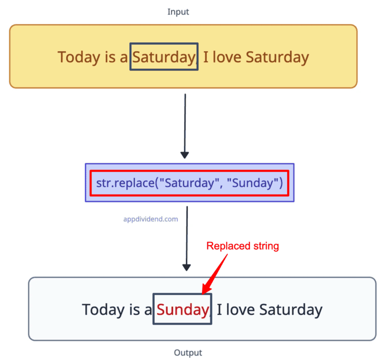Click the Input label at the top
tap(179, 11)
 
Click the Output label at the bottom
tap(188, 353)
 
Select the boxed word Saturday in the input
tap(163, 57)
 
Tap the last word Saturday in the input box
tap(278, 57)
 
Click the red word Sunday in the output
tap(182, 310)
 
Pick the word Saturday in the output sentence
tap(291, 310)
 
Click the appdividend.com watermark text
tap(151, 218)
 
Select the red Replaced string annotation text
tap(243, 246)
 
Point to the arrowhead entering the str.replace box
tap(185, 155)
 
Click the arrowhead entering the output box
tap(187, 268)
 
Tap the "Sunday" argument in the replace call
tap(253, 183)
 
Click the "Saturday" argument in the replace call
tap(189, 183)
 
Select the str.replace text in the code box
tap(124, 183)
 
